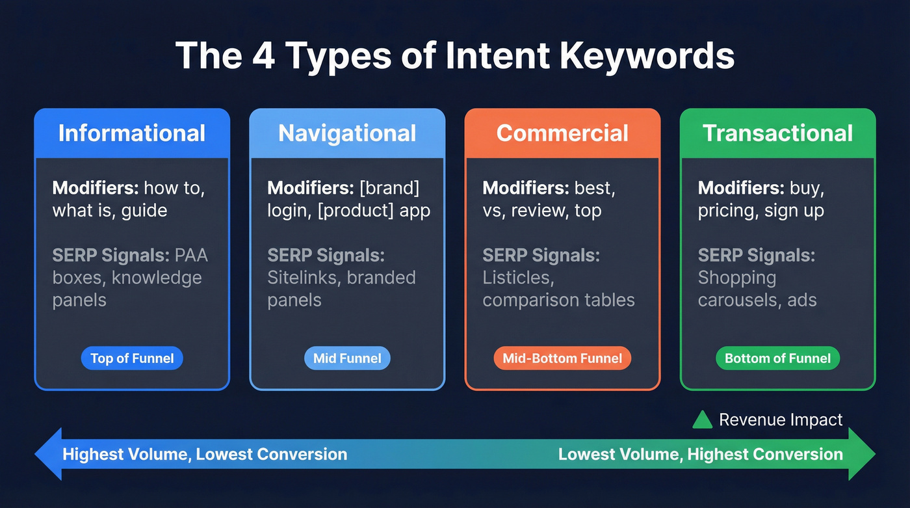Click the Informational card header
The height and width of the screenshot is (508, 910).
[132, 133]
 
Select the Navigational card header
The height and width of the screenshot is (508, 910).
[347, 133]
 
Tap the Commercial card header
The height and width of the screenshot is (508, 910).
[562, 133]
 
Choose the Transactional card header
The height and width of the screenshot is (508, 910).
[777, 133]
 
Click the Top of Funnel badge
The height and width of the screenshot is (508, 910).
[132, 358]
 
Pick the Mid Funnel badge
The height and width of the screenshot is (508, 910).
[347, 358]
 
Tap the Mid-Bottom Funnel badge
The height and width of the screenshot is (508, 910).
[562, 358]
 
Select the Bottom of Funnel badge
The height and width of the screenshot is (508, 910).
[777, 358]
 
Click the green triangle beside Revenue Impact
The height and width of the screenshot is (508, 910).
[702, 420]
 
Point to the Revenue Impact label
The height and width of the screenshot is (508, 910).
[781, 420]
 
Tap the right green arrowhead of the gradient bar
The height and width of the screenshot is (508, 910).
[863, 454]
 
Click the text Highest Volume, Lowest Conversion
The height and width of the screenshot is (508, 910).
[205, 454]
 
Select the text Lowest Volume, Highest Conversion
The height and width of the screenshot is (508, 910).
[700, 454]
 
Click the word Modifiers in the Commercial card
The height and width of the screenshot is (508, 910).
[525, 189]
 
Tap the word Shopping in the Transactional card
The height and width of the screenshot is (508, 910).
[736, 278]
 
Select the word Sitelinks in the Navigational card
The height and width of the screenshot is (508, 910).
[304, 278]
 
